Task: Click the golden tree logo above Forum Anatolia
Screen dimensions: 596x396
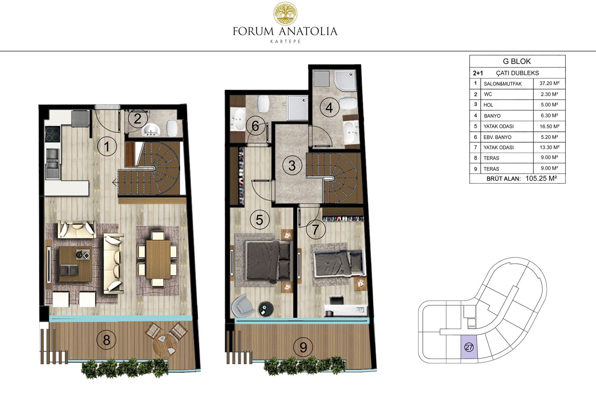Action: (x=285, y=14)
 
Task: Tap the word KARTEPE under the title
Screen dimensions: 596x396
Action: (x=285, y=41)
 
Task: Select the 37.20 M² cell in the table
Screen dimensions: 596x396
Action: (x=549, y=83)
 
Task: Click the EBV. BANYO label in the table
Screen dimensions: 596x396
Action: (x=497, y=137)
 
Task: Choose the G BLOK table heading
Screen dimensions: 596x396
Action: (x=517, y=61)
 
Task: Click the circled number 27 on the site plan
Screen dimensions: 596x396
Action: (x=469, y=347)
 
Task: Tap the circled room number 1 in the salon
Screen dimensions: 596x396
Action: (x=107, y=147)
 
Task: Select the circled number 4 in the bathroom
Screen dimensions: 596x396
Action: (x=329, y=107)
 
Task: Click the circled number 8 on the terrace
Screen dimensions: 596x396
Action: (x=106, y=340)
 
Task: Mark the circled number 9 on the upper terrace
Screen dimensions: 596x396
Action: (x=303, y=347)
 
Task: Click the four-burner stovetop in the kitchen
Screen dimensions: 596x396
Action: (x=52, y=134)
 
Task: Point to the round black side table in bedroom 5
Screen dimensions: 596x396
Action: (x=266, y=309)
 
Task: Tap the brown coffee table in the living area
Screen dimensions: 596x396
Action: (x=75, y=264)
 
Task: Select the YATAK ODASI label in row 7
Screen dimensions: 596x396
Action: (x=499, y=148)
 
